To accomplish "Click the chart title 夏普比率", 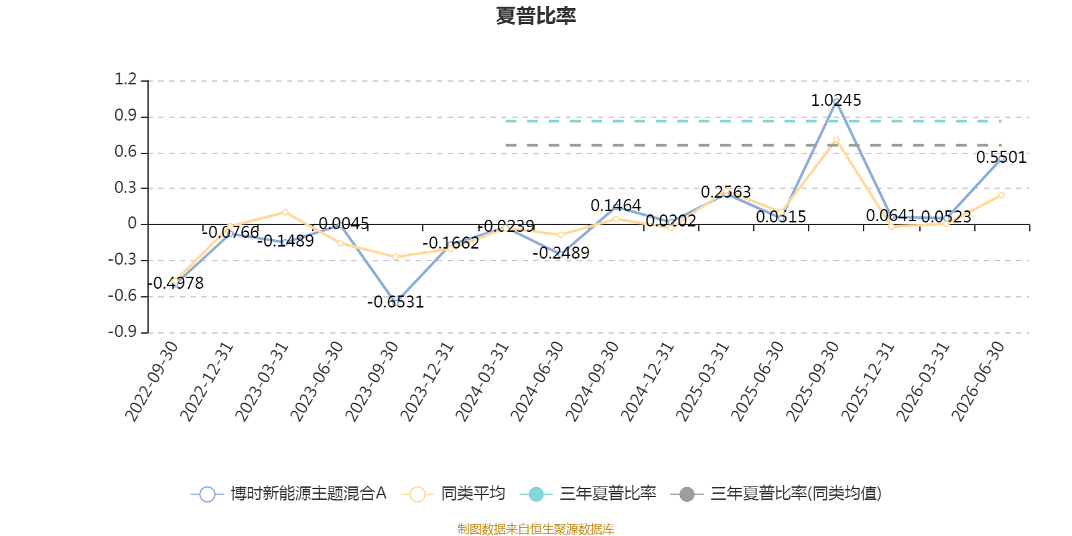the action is click(535, 16).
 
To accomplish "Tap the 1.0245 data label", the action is click(835, 100).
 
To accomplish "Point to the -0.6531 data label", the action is click(395, 302).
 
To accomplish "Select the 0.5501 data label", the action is click(1001, 157).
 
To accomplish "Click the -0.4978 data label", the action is click(175, 283).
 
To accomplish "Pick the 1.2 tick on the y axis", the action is click(125, 79).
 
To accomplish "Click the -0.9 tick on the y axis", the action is click(122, 331).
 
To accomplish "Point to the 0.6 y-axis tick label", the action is click(125, 151).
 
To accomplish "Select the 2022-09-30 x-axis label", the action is click(151, 381).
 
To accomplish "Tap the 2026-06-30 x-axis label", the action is click(978, 381).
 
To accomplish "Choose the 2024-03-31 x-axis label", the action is click(482, 381).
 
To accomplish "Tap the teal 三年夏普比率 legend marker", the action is click(537, 494).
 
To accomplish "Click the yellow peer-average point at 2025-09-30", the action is click(836, 140).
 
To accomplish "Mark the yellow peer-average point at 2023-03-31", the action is click(285, 212).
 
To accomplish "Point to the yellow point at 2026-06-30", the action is click(1001, 195).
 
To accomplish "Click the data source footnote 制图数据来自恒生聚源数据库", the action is click(535, 529).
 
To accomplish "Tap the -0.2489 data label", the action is click(561, 253).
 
